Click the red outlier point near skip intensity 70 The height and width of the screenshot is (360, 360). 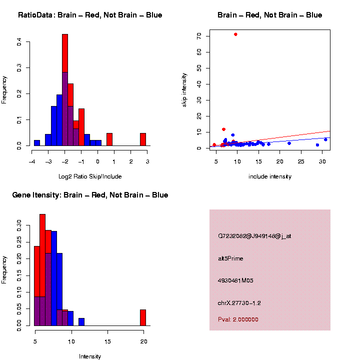coord(235,34)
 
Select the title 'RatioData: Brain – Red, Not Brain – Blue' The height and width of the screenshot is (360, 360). coord(90,15)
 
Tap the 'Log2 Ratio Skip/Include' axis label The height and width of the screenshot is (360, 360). coord(90,176)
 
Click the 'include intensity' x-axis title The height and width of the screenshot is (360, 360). coord(270,176)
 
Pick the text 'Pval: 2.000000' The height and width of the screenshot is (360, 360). coord(238,319)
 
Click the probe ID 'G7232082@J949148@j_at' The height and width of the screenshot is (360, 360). coord(254,236)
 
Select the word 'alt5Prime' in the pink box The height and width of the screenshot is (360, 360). coord(230,258)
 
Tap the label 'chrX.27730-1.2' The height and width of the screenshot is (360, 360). coord(239,303)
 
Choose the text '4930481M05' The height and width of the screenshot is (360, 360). coord(235,280)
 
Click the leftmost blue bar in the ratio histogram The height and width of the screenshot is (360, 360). coord(37,142)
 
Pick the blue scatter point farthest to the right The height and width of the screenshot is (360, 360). coord(325,139)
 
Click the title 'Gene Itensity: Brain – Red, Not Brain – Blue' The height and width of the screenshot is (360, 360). coord(90,195)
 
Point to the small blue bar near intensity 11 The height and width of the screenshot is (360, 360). coord(81,322)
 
